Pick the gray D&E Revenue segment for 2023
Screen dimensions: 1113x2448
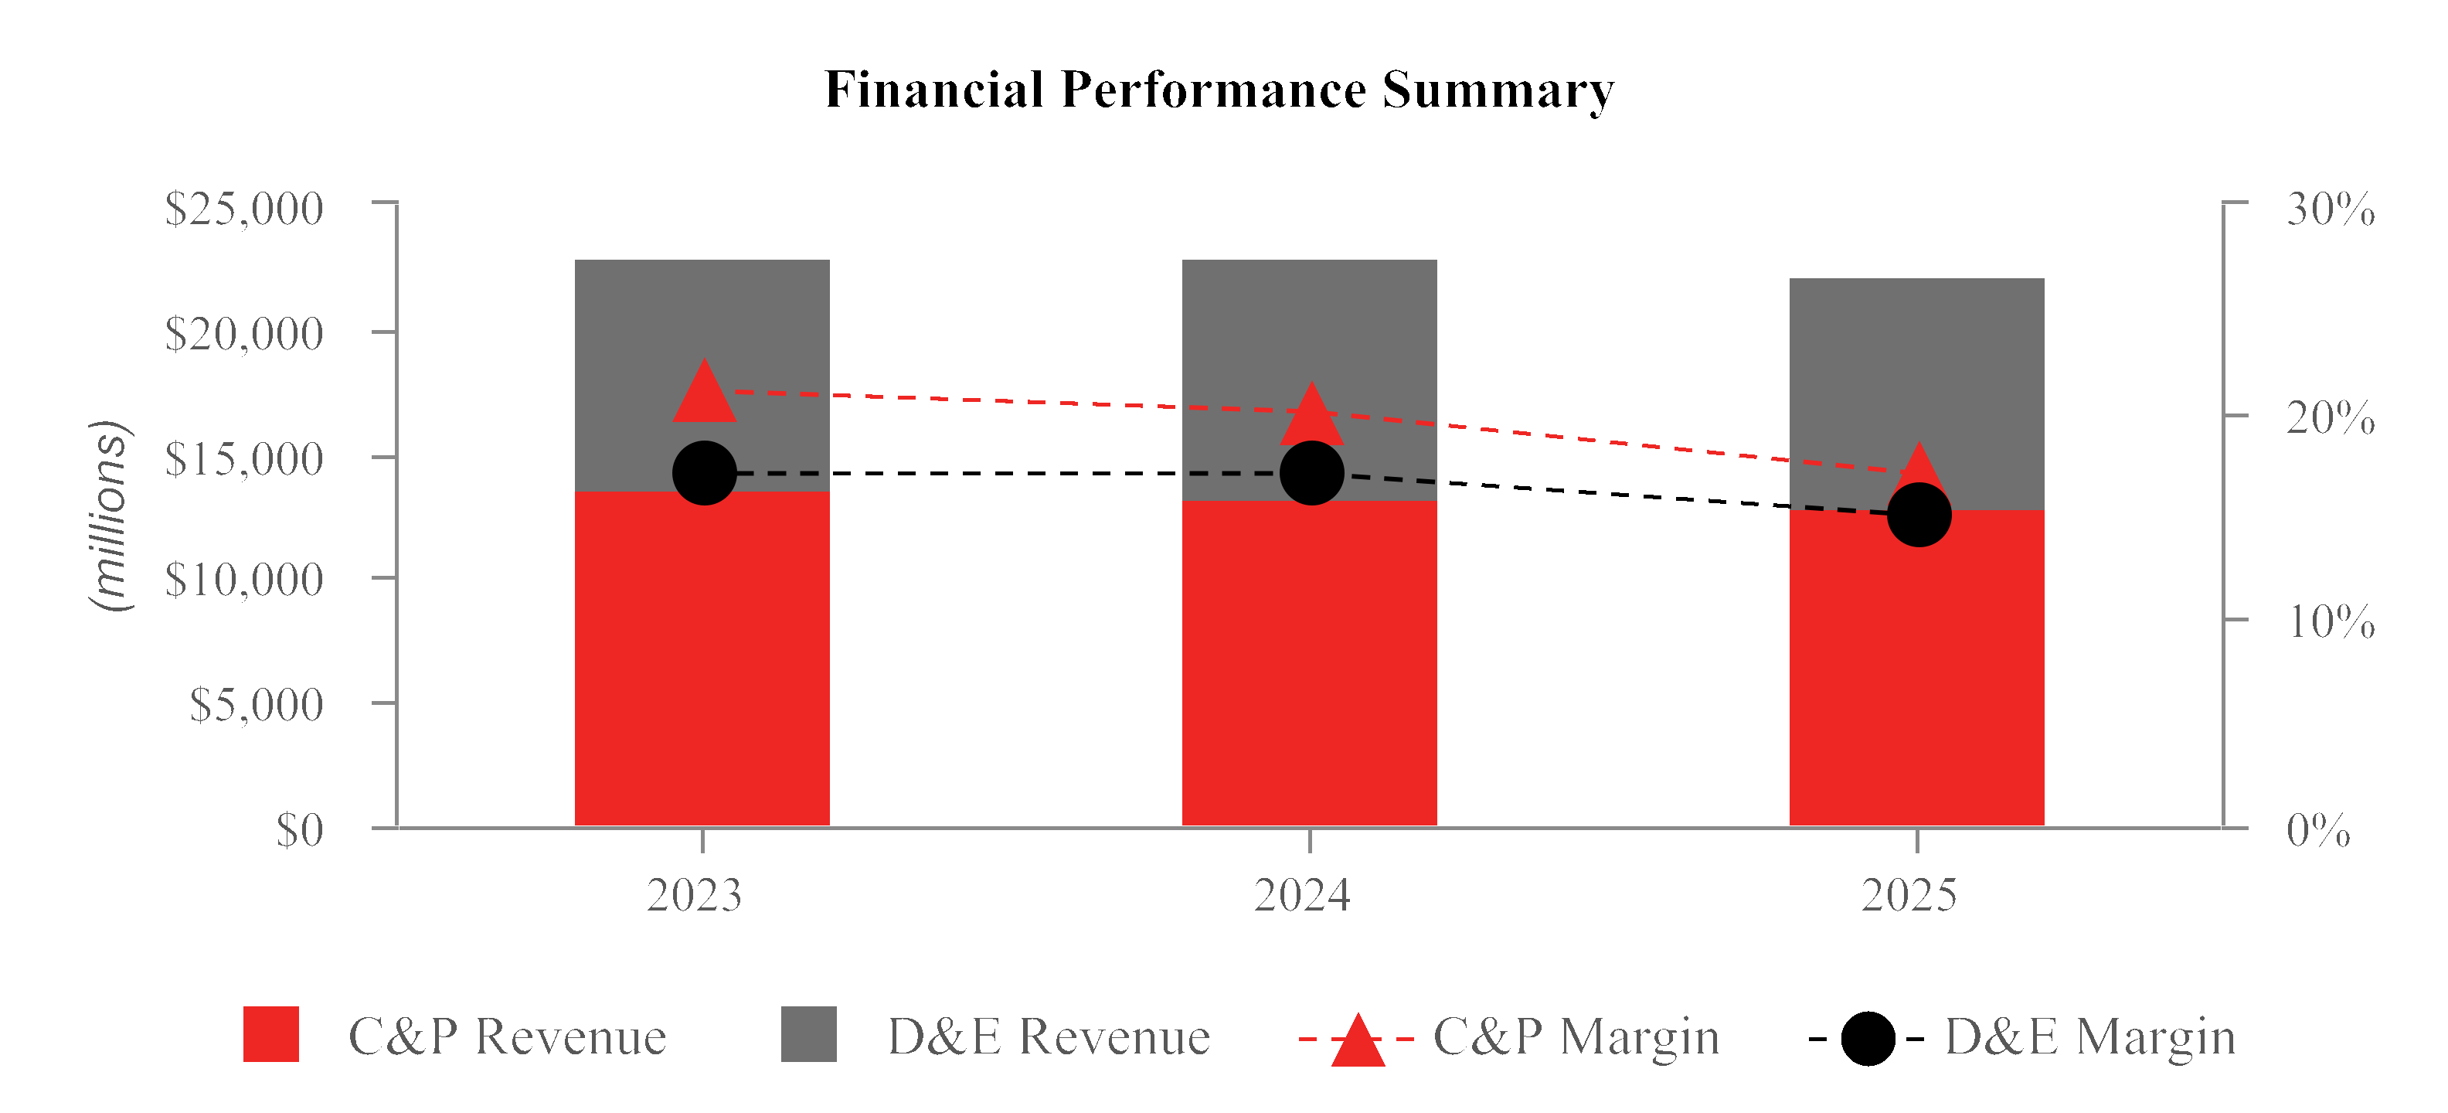coord(702,314)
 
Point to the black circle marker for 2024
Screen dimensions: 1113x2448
coord(1311,472)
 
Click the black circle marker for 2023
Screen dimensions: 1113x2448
coord(704,472)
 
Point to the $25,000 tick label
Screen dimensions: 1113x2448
coord(243,209)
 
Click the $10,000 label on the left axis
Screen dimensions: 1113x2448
coord(243,580)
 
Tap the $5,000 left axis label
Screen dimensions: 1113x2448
coord(256,704)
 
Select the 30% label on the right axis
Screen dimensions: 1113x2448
coord(2331,209)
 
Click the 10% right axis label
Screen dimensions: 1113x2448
coord(2331,622)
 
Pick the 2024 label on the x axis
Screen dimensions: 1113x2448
coord(1302,895)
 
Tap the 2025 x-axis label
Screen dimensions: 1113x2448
coord(1909,895)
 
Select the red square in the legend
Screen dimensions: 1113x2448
coord(270,1034)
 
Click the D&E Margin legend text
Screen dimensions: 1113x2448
coord(2089,1036)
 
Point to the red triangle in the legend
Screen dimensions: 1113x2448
coord(1357,1041)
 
